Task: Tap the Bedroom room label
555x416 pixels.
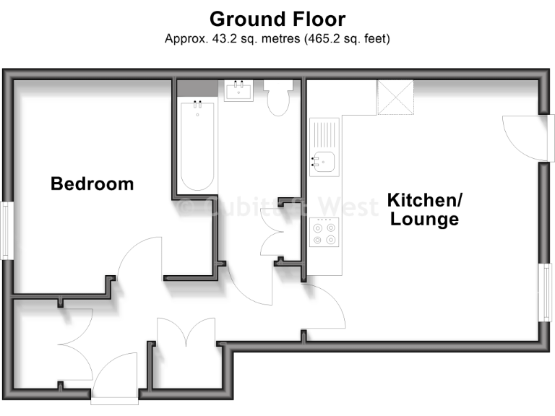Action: [92, 183]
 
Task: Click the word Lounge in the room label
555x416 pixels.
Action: [424, 220]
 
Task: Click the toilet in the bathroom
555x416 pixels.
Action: [277, 100]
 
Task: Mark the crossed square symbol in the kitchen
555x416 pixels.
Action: [395, 97]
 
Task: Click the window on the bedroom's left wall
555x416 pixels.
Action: [6, 230]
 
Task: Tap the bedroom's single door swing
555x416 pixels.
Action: [137, 264]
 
